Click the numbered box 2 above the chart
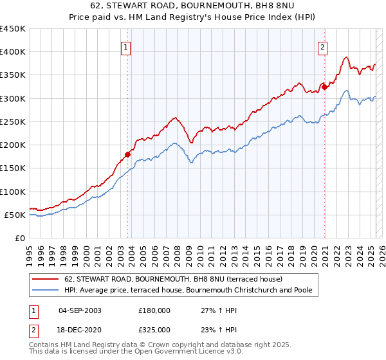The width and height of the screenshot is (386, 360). point(322,46)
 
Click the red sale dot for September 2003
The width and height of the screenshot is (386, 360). point(128,154)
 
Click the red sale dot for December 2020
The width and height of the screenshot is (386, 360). point(325,87)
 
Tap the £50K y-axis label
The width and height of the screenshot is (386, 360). point(15,215)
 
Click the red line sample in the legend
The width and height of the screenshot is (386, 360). point(45,280)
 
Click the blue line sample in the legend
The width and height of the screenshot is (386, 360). point(45,291)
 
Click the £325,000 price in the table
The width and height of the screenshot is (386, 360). point(154,329)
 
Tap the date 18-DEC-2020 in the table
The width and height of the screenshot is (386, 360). point(80,329)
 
